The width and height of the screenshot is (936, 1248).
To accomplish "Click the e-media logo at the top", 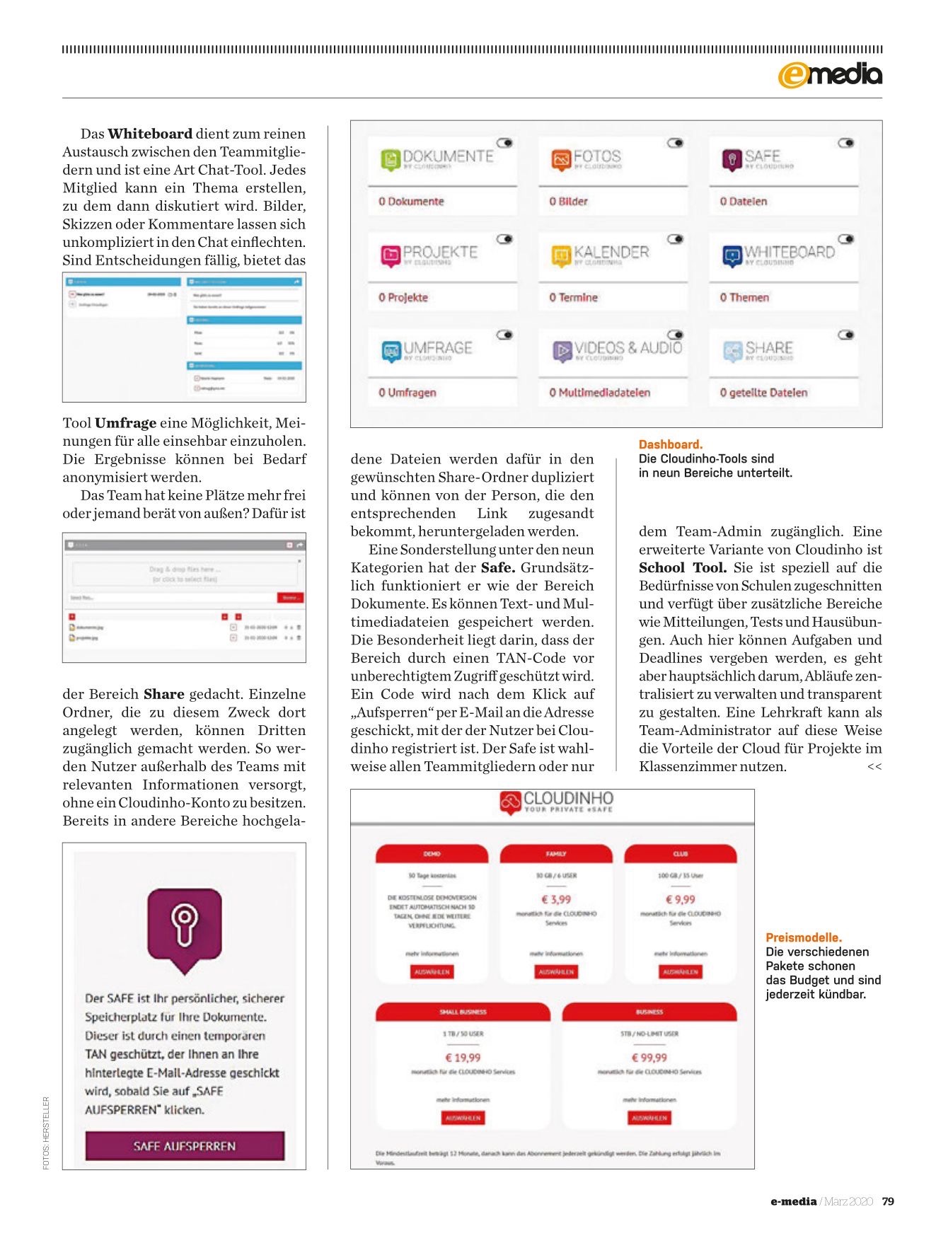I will (830, 74).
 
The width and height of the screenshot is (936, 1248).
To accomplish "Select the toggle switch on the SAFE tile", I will (845, 143).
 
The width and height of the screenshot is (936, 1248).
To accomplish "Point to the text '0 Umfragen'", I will (408, 393).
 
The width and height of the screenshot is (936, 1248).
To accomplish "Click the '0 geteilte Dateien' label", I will (763, 393).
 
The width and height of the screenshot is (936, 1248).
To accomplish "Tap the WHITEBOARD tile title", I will (789, 252).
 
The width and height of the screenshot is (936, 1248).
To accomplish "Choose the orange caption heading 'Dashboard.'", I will (671, 444).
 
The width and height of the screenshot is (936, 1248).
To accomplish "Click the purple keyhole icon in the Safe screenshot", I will (184, 923).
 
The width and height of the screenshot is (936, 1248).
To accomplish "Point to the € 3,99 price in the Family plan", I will (556, 899).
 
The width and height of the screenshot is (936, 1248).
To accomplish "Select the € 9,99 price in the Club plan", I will (681, 899).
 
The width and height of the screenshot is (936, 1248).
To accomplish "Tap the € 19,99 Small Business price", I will (463, 1058).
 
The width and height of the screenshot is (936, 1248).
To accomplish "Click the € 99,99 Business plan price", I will (649, 1058).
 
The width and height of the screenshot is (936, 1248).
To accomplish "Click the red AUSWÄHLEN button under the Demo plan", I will (432, 972).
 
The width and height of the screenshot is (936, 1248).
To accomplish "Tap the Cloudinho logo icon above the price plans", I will (510, 802).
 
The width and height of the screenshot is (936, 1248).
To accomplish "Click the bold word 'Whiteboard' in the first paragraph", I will (150, 134).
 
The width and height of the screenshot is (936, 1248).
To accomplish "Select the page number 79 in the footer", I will (889, 1201).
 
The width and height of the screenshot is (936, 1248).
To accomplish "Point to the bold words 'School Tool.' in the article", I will (683, 567).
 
